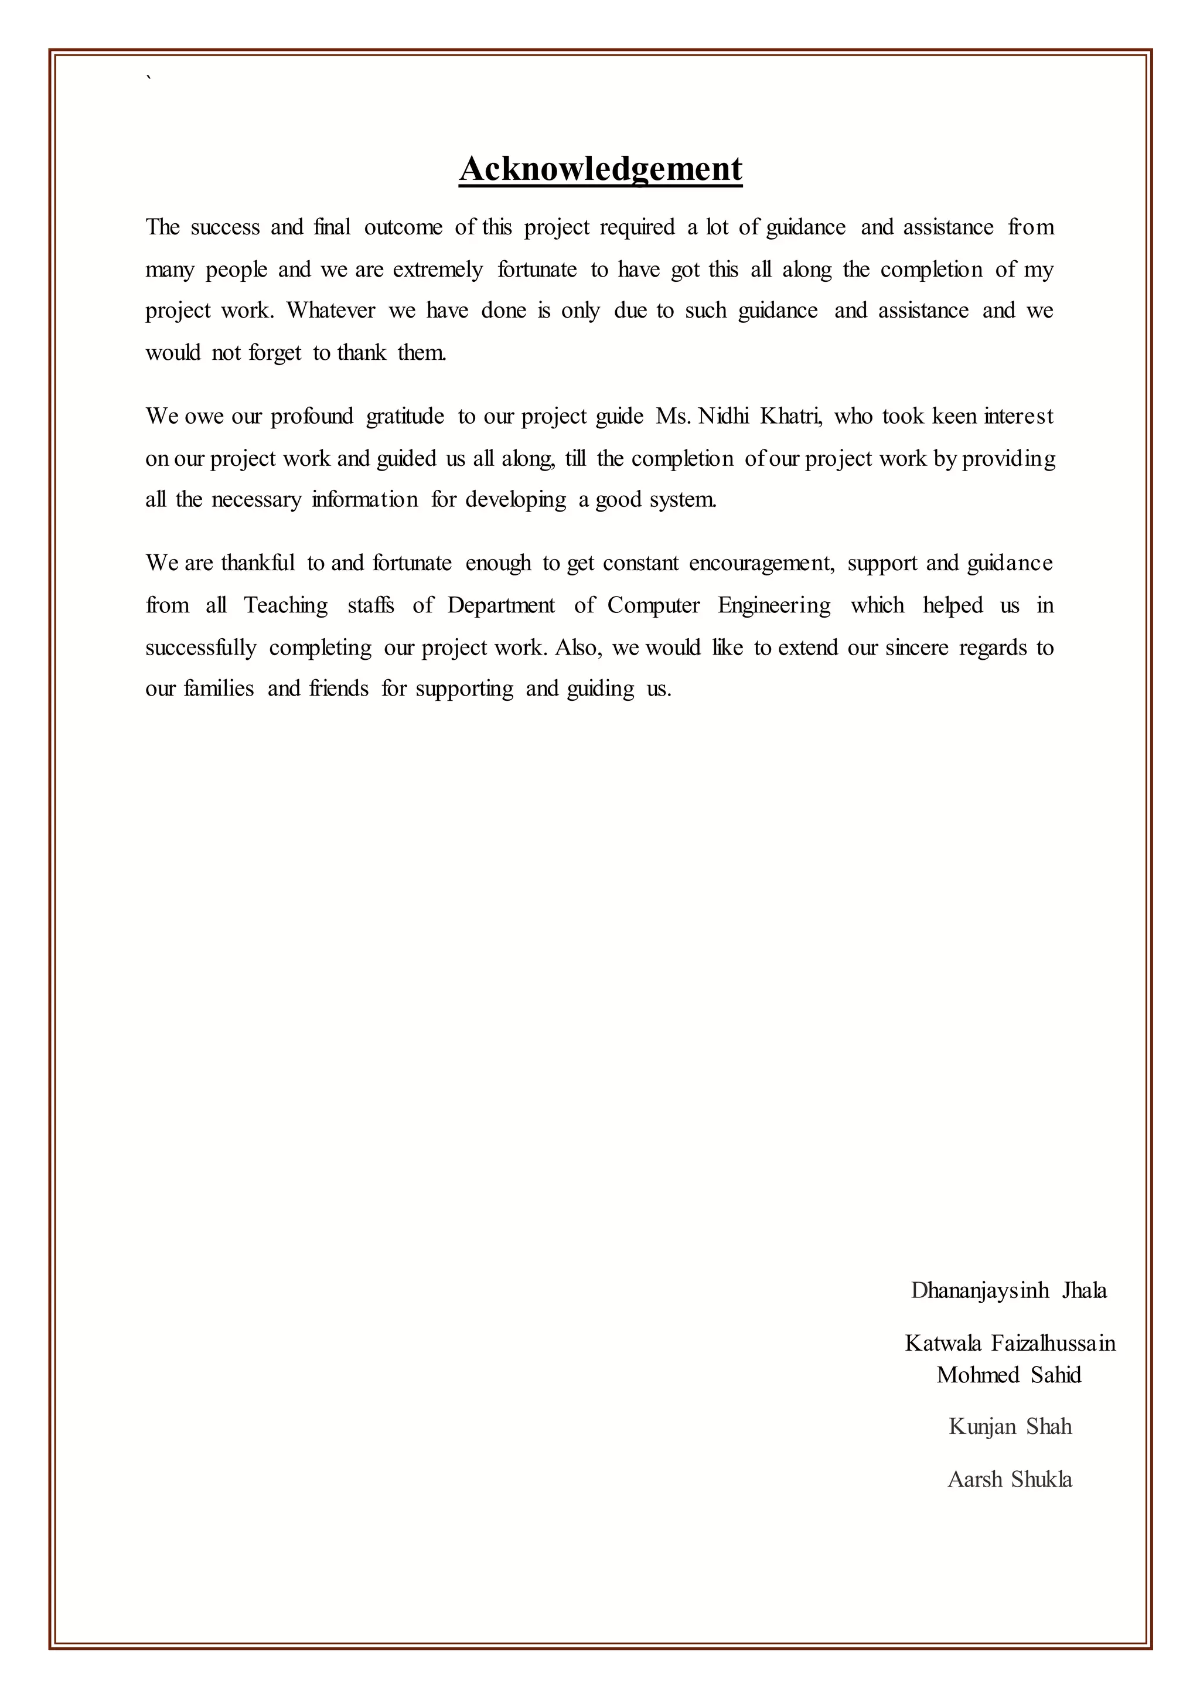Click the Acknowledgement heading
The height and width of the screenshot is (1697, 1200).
[600, 169]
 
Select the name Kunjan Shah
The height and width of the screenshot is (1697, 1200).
[1010, 1426]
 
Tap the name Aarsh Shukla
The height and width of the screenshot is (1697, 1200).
[1010, 1479]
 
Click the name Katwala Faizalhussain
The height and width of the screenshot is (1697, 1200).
[1010, 1343]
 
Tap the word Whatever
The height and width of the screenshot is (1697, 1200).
[331, 311]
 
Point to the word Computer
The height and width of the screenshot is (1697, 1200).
[653, 605]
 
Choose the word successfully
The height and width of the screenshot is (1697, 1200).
[200, 648]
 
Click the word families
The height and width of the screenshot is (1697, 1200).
[218, 689]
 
